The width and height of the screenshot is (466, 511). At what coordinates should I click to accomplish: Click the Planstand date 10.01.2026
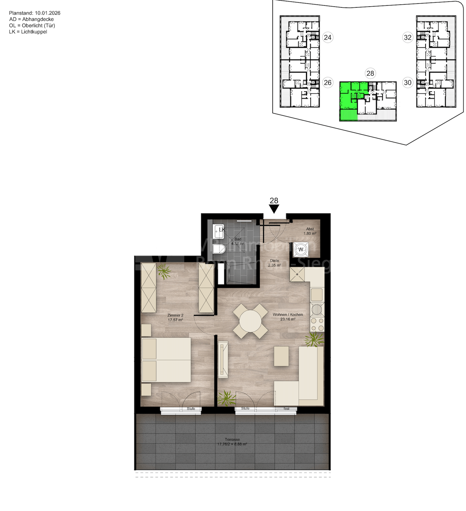tap(47, 13)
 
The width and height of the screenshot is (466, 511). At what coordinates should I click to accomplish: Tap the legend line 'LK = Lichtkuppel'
tap(28, 32)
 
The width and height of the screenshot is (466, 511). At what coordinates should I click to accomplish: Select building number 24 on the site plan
tap(328, 37)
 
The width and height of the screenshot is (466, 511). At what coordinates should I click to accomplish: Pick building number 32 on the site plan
tap(407, 37)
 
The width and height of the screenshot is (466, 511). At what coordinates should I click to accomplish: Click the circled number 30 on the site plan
tap(407, 83)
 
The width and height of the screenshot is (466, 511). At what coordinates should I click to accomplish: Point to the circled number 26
tap(328, 83)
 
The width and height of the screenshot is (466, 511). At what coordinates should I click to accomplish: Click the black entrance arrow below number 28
tap(274, 209)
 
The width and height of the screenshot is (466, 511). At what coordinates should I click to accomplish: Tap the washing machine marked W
tap(301, 250)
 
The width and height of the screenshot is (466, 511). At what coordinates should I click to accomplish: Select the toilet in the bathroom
tap(219, 249)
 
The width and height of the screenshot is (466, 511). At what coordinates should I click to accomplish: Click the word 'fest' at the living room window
tap(287, 408)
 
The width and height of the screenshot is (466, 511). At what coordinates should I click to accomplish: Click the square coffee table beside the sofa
tap(281, 356)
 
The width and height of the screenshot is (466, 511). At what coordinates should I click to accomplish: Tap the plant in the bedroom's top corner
tap(164, 271)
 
